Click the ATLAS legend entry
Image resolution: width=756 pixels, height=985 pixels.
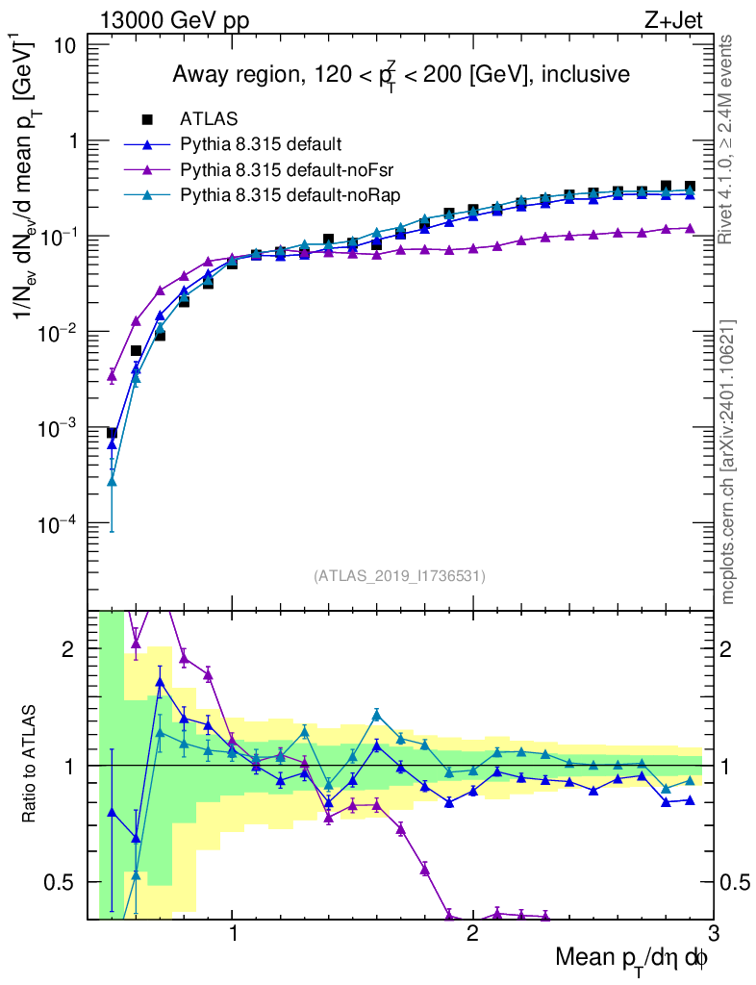[x=204, y=120]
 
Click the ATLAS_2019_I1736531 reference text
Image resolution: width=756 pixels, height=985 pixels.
[x=399, y=576]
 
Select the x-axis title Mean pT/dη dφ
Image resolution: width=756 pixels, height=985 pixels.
[x=632, y=957]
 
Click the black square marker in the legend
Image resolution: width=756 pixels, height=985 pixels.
[x=147, y=120]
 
